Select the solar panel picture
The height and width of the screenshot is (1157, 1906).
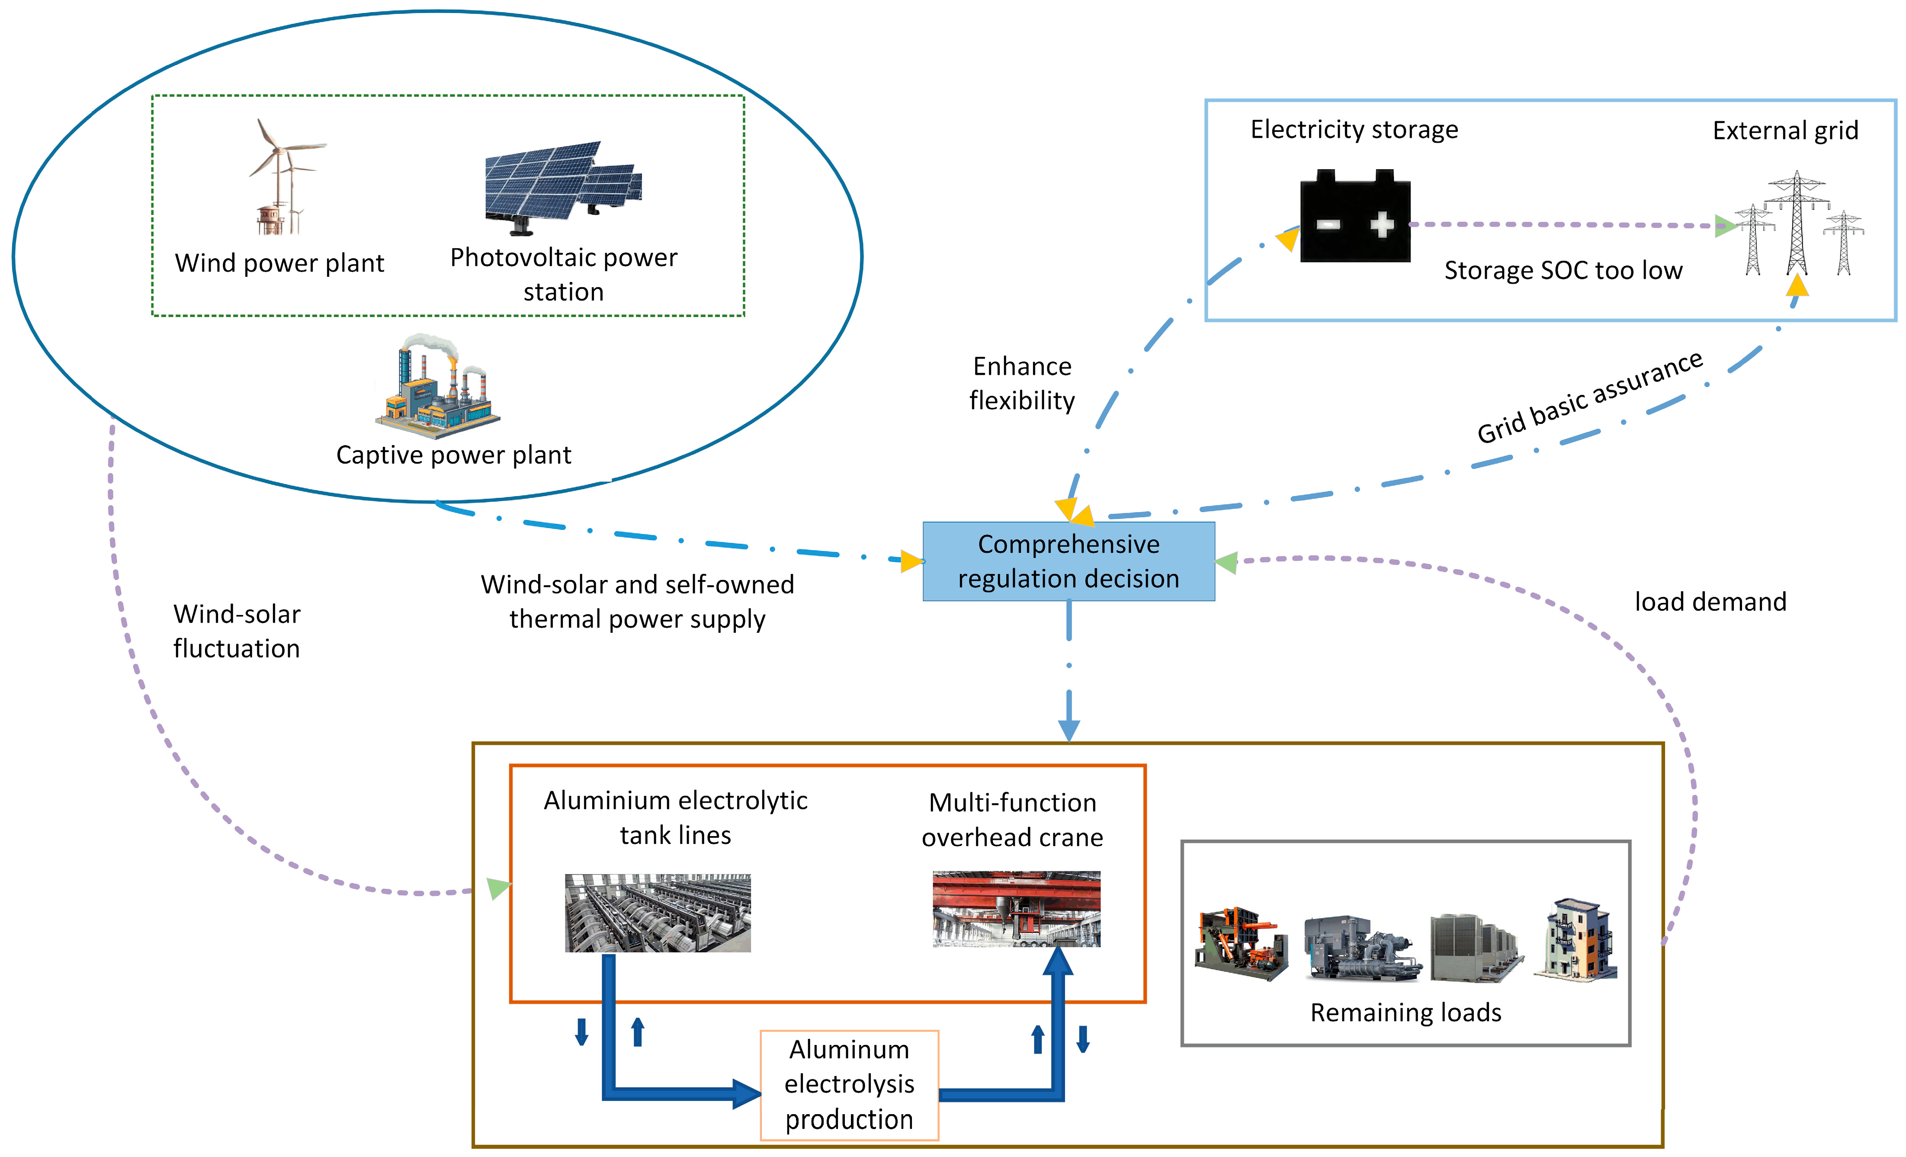562,186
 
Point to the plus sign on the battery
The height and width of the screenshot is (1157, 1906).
1382,224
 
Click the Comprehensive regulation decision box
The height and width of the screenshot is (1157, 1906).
1068,561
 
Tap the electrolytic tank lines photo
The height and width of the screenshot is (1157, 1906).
658,913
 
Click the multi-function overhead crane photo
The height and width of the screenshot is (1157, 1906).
1016,909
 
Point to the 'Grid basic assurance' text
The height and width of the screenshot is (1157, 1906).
1590,397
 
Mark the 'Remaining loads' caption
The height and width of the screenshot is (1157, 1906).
1405,1013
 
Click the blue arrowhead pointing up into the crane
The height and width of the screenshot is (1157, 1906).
1057,961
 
